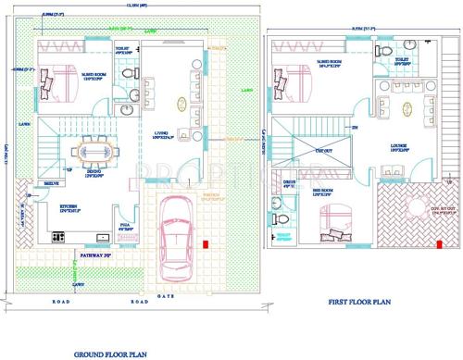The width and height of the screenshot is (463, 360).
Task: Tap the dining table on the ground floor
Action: [93, 149]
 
